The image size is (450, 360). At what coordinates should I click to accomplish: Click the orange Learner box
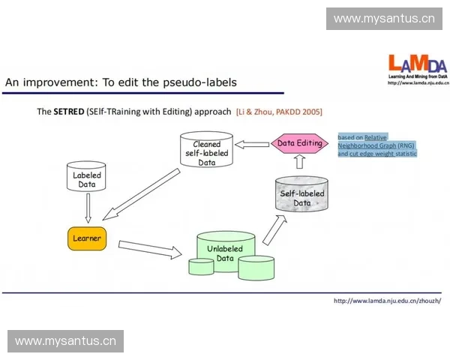tap(86, 238)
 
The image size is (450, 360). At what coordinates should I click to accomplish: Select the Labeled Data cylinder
tap(87, 177)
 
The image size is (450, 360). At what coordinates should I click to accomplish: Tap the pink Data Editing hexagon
tap(300, 143)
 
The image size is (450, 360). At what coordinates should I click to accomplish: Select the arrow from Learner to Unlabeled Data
tap(150, 248)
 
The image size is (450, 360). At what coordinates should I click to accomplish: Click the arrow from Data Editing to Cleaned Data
tap(253, 143)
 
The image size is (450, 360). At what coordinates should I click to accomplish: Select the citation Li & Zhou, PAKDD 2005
tap(279, 112)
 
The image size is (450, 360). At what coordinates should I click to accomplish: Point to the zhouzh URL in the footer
tap(387, 301)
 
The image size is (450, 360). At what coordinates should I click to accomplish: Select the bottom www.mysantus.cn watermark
tap(66, 341)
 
